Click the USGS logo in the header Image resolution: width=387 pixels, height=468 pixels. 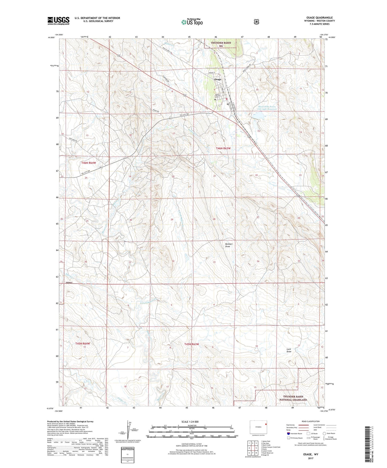point(58,21)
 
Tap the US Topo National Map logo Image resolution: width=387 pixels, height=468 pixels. point(191,22)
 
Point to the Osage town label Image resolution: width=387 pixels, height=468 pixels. point(217,79)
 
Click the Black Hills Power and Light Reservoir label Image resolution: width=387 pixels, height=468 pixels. point(266,108)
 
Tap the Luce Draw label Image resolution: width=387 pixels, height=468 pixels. point(289,350)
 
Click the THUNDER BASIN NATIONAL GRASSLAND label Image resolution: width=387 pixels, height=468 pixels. point(293,398)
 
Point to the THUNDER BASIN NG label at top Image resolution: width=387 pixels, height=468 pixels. point(221,44)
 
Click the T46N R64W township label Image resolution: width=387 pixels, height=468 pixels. point(88,163)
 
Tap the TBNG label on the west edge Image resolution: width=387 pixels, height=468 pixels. point(69,283)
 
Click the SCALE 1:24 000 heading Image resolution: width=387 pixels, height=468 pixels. point(190,422)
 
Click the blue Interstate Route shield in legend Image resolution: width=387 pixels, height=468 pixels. point(288,433)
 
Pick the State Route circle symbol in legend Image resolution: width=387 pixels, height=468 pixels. point(324,433)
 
